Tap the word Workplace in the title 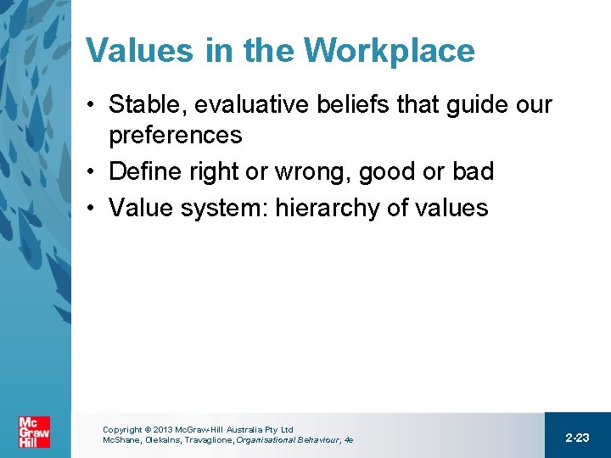(x=390, y=51)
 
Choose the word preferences (x=175, y=135)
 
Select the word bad (x=472, y=171)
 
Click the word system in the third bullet (x=217, y=208)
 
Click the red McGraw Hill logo (x=35, y=433)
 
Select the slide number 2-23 (x=577, y=438)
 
